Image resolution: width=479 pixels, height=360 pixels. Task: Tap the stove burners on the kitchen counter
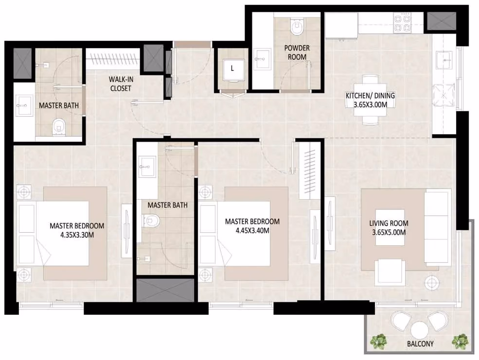pos(402,23)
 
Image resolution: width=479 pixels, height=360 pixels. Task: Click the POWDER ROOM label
pos(297,52)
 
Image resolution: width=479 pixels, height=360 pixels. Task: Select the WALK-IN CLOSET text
pos(121,84)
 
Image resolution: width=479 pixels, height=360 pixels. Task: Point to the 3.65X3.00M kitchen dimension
pos(370,105)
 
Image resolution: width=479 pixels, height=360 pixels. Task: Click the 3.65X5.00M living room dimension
pos(389,233)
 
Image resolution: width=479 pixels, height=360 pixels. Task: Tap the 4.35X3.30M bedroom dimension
pos(77,235)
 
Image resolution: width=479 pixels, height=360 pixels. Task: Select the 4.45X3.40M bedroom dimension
pos(252,231)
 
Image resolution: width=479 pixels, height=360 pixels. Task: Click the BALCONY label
pos(420,344)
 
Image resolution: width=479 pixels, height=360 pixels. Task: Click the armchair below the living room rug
pos(390,272)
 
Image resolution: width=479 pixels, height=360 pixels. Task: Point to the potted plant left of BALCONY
pos(379,342)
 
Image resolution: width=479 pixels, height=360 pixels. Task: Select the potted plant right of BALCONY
pos(460,342)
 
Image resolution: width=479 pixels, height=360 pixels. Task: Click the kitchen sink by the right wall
pos(444,60)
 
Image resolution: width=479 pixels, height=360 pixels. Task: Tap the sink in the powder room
pos(262,59)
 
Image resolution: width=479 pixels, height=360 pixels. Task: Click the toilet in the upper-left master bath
pos(59,127)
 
